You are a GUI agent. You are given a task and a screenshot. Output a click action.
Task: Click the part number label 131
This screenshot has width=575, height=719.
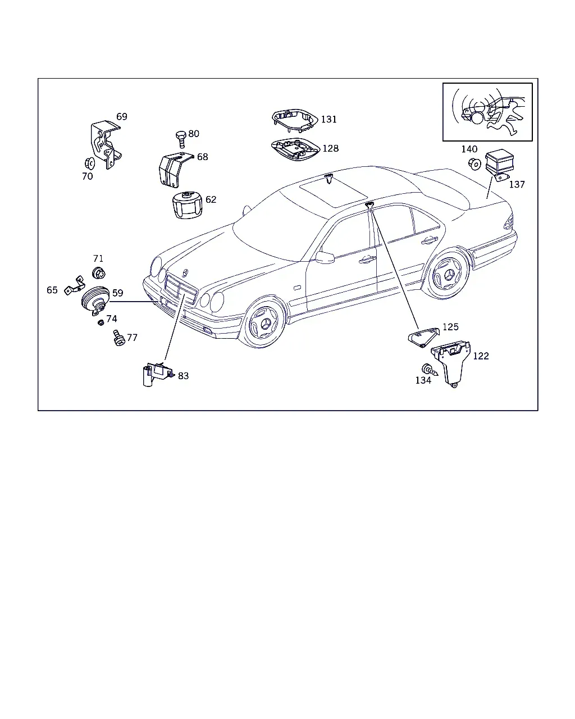328,119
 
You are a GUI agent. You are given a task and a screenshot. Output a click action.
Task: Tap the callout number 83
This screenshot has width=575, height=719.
183,376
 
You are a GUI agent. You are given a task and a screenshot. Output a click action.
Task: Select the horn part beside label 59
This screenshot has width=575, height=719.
95,301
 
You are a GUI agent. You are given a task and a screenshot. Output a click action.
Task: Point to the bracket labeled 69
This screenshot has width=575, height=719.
106,144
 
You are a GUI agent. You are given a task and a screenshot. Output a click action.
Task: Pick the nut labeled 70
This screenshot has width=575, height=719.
89,163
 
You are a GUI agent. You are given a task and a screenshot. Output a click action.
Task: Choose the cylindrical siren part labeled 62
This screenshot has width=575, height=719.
188,205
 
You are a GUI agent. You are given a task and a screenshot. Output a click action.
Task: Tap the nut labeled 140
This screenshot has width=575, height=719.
474,163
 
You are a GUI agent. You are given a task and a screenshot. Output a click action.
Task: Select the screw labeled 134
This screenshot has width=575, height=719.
430,370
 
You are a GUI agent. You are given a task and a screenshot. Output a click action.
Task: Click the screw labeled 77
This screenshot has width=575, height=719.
118,338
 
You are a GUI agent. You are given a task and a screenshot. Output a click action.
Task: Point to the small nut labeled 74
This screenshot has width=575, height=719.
101,322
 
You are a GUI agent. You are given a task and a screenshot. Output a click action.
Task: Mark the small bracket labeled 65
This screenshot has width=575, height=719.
75,286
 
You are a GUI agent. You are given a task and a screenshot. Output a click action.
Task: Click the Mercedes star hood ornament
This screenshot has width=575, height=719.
185,273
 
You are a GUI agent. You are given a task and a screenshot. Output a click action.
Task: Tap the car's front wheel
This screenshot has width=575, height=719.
264,322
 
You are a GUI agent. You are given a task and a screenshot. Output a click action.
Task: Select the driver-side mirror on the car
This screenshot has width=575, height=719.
325,258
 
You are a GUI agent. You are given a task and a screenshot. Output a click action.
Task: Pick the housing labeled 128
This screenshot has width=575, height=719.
295,149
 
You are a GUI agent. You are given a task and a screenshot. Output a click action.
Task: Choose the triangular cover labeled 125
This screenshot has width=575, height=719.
423,337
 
